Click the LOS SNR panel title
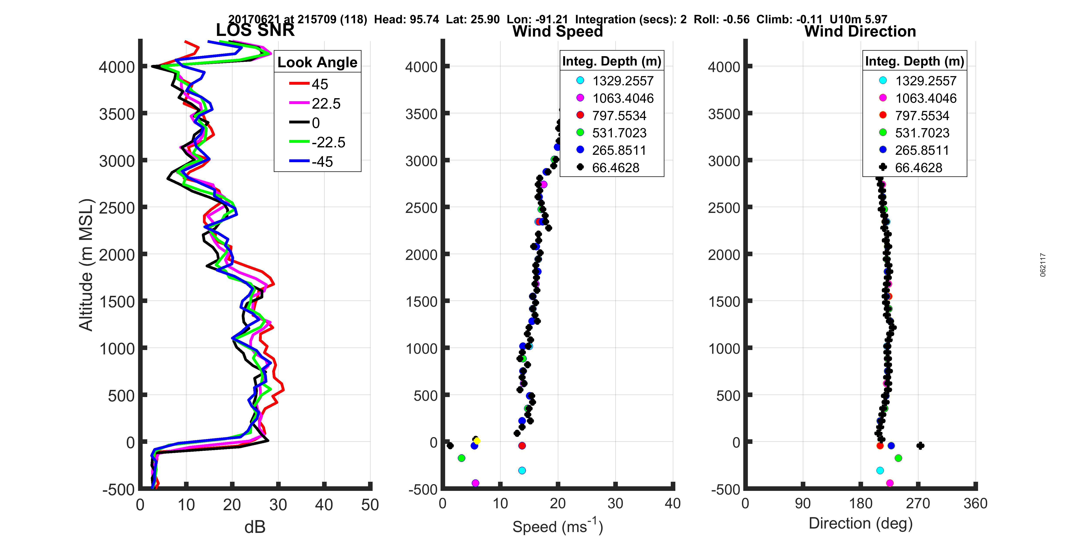coord(255,30)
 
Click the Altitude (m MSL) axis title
coord(86,265)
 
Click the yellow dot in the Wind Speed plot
coord(477,441)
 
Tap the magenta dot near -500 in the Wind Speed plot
coord(475,483)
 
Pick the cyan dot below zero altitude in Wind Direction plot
coord(880,470)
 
